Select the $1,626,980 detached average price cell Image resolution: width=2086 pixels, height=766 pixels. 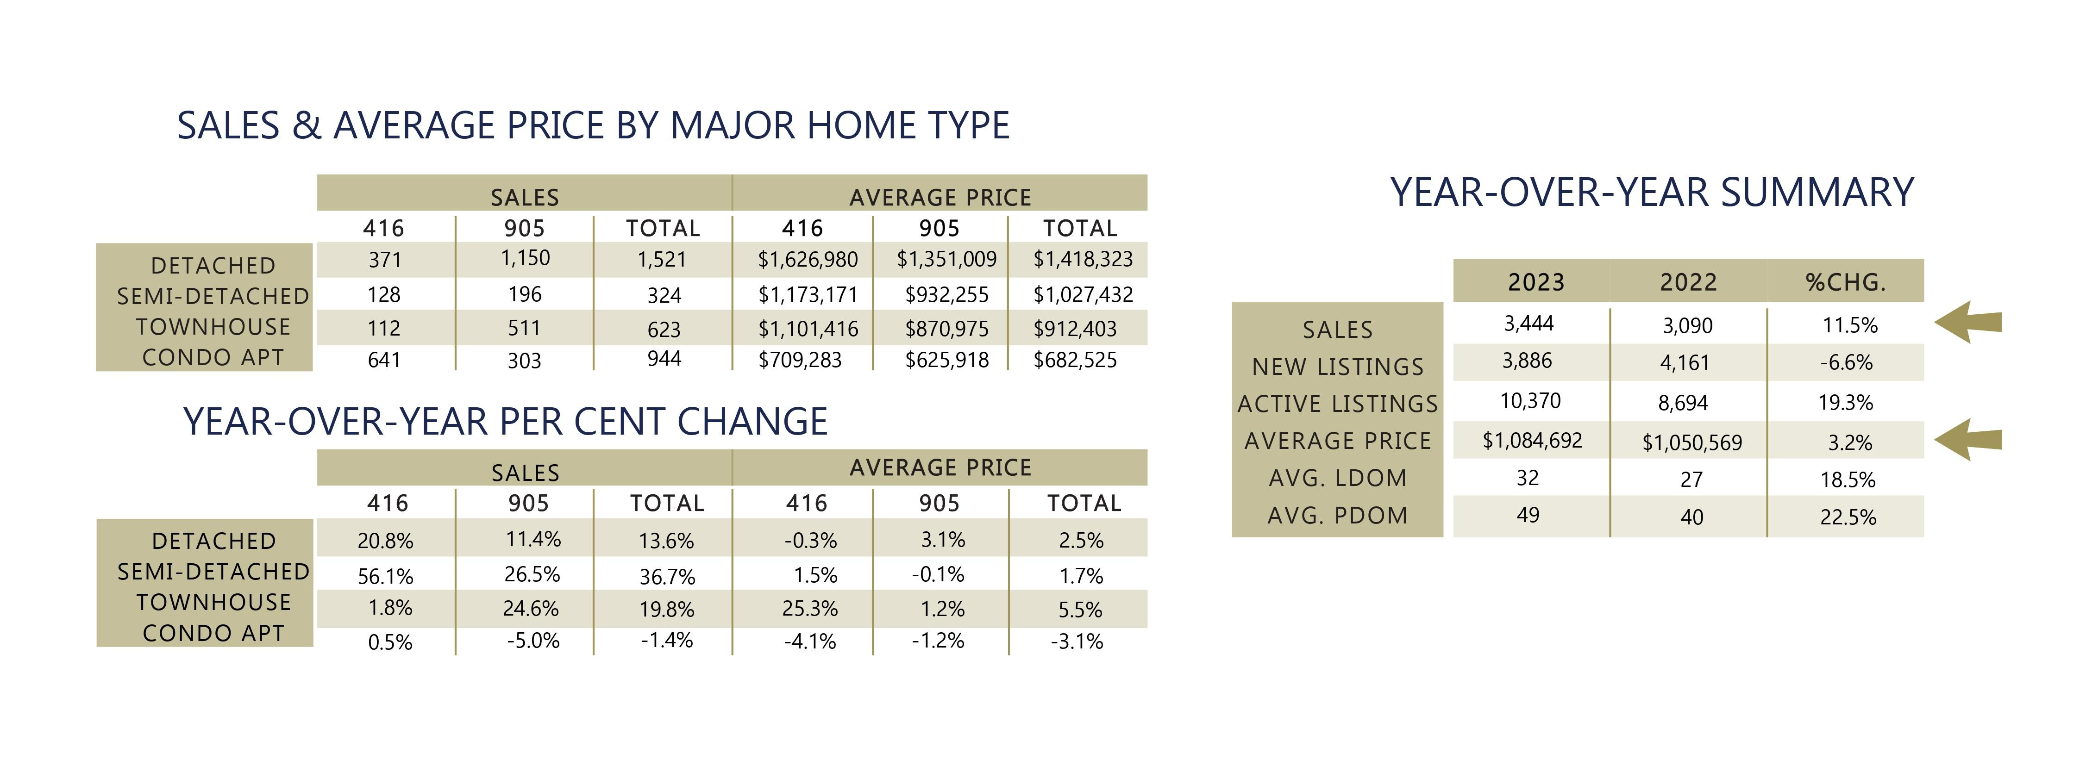pos(808,260)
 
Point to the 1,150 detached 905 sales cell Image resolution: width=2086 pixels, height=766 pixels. pos(525,258)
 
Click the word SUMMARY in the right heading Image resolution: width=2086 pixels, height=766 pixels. pos(1817,193)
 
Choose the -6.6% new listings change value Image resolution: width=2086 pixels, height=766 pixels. pos(1846,363)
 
